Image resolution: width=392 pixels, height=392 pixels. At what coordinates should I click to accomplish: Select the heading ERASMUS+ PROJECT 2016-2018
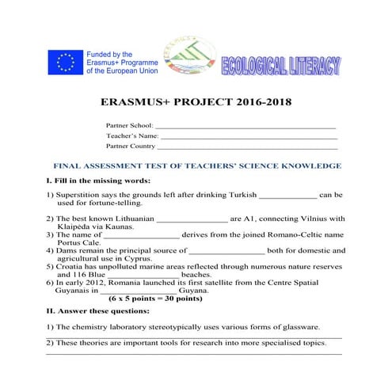[196, 102]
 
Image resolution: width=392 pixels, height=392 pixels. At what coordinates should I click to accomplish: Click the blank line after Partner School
[245, 126]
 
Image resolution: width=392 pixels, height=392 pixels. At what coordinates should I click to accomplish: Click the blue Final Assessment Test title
[196, 166]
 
